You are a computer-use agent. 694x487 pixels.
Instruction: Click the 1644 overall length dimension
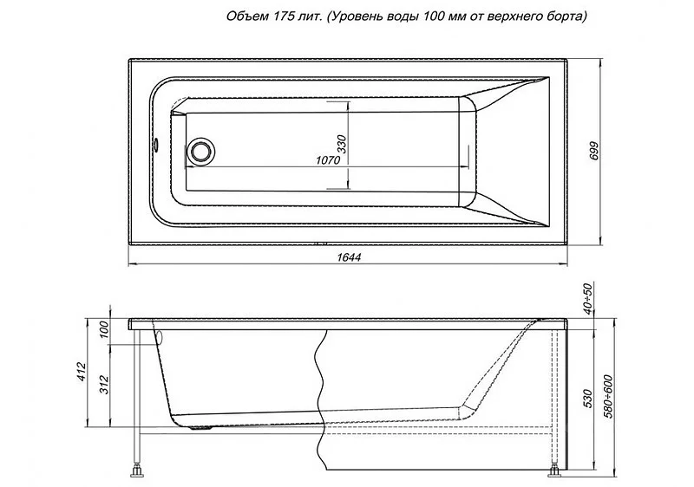[349, 257]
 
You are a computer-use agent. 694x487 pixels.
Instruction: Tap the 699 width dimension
[594, 152]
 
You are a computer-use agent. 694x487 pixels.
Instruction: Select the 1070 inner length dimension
[328, 159]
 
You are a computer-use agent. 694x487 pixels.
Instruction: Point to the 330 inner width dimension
[343, 144]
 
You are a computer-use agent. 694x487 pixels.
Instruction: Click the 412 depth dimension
[81, 372]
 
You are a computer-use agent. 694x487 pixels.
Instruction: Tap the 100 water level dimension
[104, 329]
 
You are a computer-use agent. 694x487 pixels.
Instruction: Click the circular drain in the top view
[201, 151]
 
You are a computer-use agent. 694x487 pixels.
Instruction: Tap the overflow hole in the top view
[156, 145]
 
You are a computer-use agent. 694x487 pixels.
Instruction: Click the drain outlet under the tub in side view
[201, 428]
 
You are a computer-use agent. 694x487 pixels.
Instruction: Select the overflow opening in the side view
[160, 338]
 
